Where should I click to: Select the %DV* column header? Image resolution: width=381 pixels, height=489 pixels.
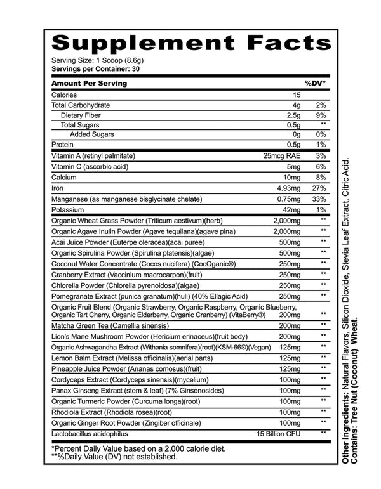(x=315, y=83)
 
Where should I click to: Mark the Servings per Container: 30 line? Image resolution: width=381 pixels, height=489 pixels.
(x=96, y=68)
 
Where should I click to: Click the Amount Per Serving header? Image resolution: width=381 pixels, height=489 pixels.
(x=88, y=83)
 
